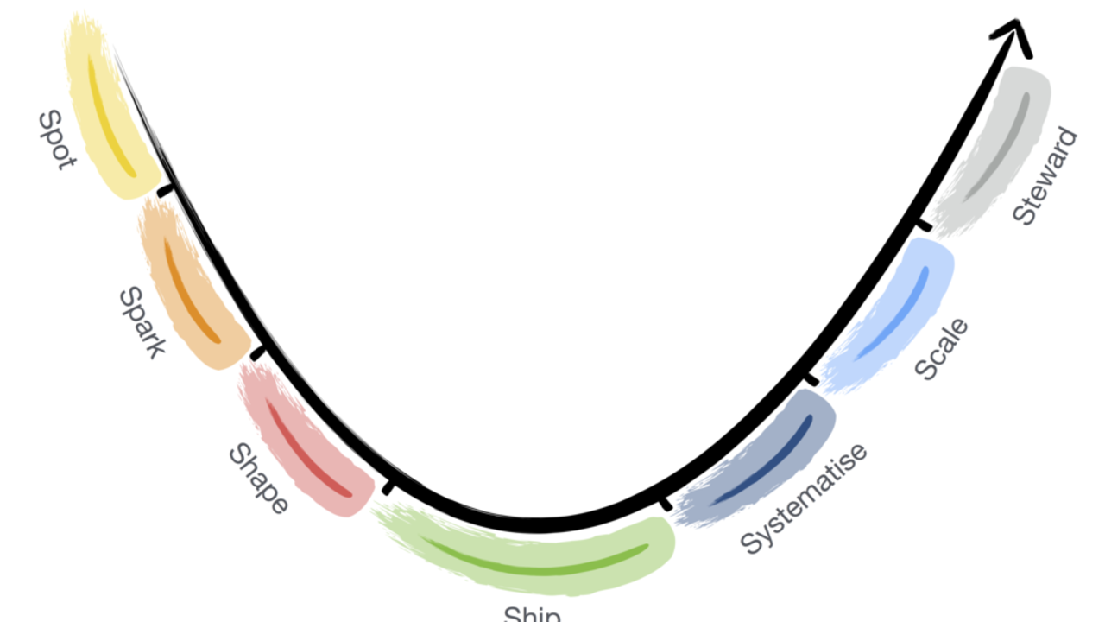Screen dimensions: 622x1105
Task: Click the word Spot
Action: (55, 140)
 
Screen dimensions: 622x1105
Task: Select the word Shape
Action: (257, 479)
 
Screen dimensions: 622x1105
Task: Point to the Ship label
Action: (533, 614)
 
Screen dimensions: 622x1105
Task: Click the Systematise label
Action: (804, 498)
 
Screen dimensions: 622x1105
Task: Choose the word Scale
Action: (941, 349)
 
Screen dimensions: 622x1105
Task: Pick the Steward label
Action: (1045, 177)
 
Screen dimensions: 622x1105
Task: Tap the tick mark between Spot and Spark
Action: (164, 191)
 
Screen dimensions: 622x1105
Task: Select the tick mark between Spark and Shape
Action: (258, 352)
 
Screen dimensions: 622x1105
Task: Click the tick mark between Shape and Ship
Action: (388, 488)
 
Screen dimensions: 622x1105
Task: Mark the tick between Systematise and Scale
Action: (811, 379)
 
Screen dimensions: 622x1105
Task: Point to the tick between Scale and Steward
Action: (923, 225)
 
